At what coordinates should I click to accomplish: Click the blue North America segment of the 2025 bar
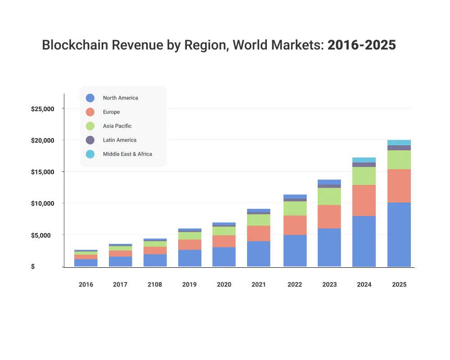(399, 234)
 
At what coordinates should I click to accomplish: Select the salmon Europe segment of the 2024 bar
(364, 201)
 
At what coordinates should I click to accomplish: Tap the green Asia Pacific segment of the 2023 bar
(329, 196)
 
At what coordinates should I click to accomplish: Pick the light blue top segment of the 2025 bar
(399, 143)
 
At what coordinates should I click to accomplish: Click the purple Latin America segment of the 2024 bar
(364, 165)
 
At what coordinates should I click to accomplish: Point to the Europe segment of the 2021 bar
(259, 233)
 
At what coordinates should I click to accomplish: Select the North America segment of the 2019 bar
(189, 258)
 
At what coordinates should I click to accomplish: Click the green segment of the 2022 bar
(295, 208)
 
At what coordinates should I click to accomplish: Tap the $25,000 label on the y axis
(42, 109)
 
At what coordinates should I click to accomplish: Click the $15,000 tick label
(42, 172)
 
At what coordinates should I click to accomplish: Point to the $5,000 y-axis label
(44, 235)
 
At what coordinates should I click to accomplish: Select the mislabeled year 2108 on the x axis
(155, 284)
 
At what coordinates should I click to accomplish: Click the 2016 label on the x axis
(85, 284)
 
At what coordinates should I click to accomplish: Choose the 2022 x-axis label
(295, 284)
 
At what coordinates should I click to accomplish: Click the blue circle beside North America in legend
(90, 98)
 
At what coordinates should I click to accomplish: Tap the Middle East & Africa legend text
(127, 154)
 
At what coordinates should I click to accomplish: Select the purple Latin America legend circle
(90, 140)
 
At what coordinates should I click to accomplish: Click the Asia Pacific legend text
(117, 126)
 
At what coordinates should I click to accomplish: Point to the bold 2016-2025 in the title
(361, 45)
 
